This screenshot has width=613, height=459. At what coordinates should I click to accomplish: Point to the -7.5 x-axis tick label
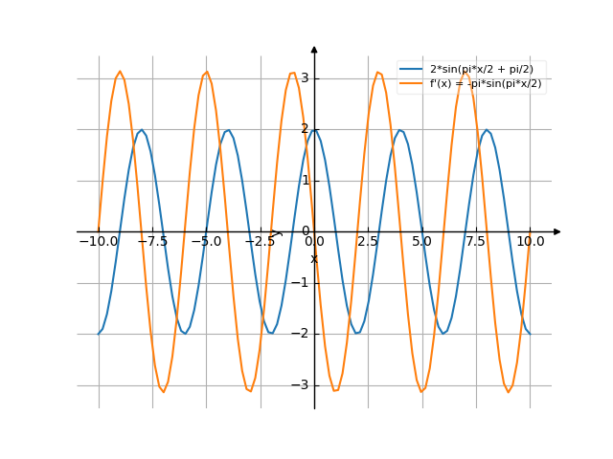click(x=151, y=242)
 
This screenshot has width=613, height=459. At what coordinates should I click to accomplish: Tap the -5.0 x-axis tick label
click(x=206, y=242)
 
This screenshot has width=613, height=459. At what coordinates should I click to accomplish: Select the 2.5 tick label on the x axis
click(x=368, y=242)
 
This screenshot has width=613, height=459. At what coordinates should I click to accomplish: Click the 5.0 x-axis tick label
click(x=421, y=242)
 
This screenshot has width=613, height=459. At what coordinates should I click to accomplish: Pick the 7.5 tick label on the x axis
click(x=476, y=242)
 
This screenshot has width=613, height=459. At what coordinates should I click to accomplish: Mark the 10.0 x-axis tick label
click(x=530, y=242)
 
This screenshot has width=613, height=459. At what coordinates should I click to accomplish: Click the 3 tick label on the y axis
click(x=305, y=77)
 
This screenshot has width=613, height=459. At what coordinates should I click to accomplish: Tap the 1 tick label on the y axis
click(x=305, y=180)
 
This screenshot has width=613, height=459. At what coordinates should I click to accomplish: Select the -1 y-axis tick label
click(x=302, y=282)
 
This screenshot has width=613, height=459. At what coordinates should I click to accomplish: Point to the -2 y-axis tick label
click(x=302, y=334)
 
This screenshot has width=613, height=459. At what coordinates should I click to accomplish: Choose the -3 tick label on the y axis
click(x=302, y=384)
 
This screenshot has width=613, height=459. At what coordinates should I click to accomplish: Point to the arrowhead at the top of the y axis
click(x=314, y=49)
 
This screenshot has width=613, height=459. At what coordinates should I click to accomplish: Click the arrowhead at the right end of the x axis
click(x=557, y=231)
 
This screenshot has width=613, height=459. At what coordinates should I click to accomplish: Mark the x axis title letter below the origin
click(x=313, y=259)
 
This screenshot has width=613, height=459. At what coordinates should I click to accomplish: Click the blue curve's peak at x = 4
click(x=400, y=130)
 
